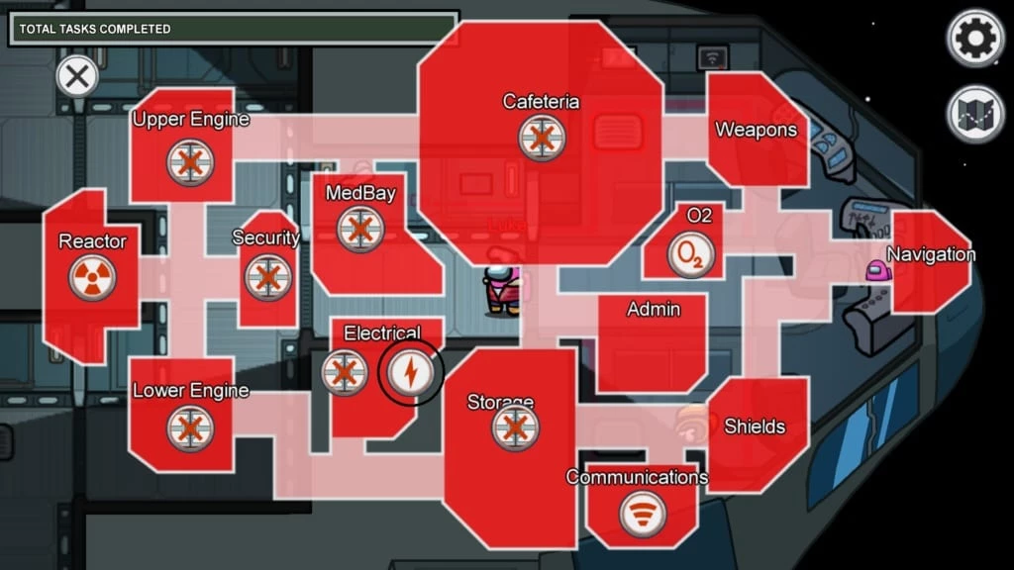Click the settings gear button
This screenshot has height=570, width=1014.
pyautogui.click(x=976, y=38)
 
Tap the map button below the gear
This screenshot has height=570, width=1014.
pyautogui.click(x=976, y=115)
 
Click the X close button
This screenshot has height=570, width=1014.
pyautogui.click(x=76, y=75)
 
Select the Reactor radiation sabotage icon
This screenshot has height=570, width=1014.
pyautogui.click(x=92, y=278)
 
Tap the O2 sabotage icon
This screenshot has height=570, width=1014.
pyautogui.click(x=691, y=254)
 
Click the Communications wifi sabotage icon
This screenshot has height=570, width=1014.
pyautogui.click(x=643, y=514)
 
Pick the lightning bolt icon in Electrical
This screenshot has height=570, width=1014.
pyautogui.click(x=410, y=372)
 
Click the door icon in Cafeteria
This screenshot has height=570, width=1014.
pyautogui.click(x=542, y=138)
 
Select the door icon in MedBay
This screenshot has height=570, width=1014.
pyautogui.click(x=359, y=229)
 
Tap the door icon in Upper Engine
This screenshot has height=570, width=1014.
pyautogui.click(x=190, y=163)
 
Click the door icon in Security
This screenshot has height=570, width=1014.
pyautogui.click(x=267, y=277)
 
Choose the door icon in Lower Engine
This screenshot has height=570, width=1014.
pyautogui.click(x=189, y=428)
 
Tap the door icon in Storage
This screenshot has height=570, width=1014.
pyautogui.click(x=515, y=428)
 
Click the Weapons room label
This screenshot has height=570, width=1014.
pyautogui.click(x=756, y=130)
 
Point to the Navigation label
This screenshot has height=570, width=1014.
pyautogui.click(x=931, y=254)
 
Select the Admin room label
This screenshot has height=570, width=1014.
pyautogui.click(x=654, y=310)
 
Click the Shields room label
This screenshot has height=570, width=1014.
pyautogui.click(x=755, y=427)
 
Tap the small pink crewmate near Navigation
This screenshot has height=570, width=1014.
pyautogui.click(x=875, y=270)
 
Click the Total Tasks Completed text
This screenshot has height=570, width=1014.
pyautogui.click(x=95, y=29)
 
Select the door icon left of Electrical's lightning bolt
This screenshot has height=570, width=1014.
pyautogui.click(x=345, y=373)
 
